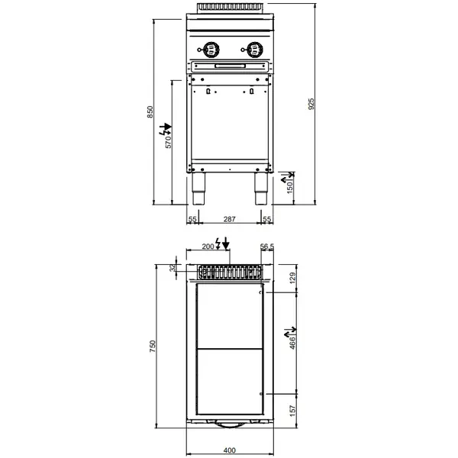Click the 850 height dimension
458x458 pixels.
(150, 111)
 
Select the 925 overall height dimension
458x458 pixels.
(311, 105)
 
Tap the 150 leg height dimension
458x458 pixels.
(290, 188)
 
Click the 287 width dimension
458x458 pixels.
(228, 219)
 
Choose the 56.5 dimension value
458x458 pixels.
(266, 246)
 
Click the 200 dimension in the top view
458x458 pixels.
(208, 246)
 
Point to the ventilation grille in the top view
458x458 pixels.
(229, 270)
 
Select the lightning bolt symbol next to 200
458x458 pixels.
(220, 244)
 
